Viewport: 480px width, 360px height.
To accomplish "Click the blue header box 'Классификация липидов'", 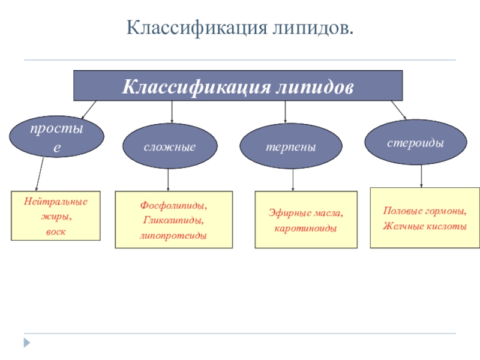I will [238, 86].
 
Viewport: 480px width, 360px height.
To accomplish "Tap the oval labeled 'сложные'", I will [170, 146].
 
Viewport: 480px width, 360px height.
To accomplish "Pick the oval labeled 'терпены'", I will [291, 146].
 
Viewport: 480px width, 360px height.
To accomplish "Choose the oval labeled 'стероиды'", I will [415, 143].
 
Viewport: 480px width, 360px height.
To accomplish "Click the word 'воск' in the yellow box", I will [56, 231].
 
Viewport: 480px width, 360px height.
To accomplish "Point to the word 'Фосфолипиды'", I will [173, 206].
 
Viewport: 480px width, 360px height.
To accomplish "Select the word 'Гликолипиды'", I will [173, 220].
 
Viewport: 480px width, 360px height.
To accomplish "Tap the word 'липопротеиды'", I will [173, 235].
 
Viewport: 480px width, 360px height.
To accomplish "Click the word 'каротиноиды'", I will [305, 229].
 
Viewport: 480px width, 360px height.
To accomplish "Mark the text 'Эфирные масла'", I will [305, 213].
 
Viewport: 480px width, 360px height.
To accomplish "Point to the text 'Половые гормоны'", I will [424, 211].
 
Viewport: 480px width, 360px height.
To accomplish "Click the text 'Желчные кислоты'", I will [424, 226].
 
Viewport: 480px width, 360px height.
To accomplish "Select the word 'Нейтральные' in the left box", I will [56, 202].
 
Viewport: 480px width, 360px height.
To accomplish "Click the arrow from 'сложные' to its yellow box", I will [169, 179].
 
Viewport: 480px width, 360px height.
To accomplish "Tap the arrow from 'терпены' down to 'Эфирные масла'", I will [293, 180].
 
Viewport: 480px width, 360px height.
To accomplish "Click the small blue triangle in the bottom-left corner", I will [26, 343].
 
